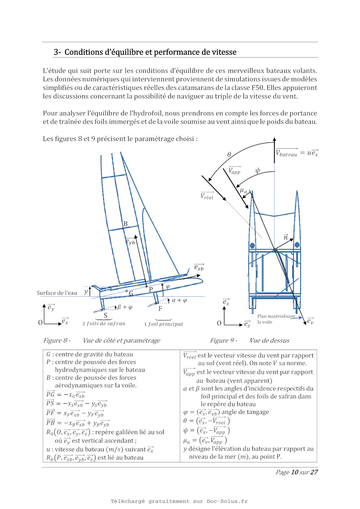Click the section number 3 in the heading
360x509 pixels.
pos(56,52)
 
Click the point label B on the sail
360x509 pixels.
pos(126,224)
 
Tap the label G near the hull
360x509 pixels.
pos(131,293)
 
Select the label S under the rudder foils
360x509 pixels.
pos(105,315)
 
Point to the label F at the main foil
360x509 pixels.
pos(160,309)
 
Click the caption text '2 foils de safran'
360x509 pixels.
pos(104,324)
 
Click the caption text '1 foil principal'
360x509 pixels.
pos(163,324)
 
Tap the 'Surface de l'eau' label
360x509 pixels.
pos(57,293)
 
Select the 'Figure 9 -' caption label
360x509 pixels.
pos(223,340)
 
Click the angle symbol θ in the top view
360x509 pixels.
pos(229,155)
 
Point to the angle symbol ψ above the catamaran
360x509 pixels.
pos(258,171)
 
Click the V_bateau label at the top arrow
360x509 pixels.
pos(287,154)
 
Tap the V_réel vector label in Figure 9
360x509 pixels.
pos(207,196)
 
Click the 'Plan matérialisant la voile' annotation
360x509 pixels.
pos(276,319)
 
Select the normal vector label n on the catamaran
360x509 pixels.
pos(285,238)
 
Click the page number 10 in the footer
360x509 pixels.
pos(295,472)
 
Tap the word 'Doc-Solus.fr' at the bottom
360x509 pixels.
pos(227,501)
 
